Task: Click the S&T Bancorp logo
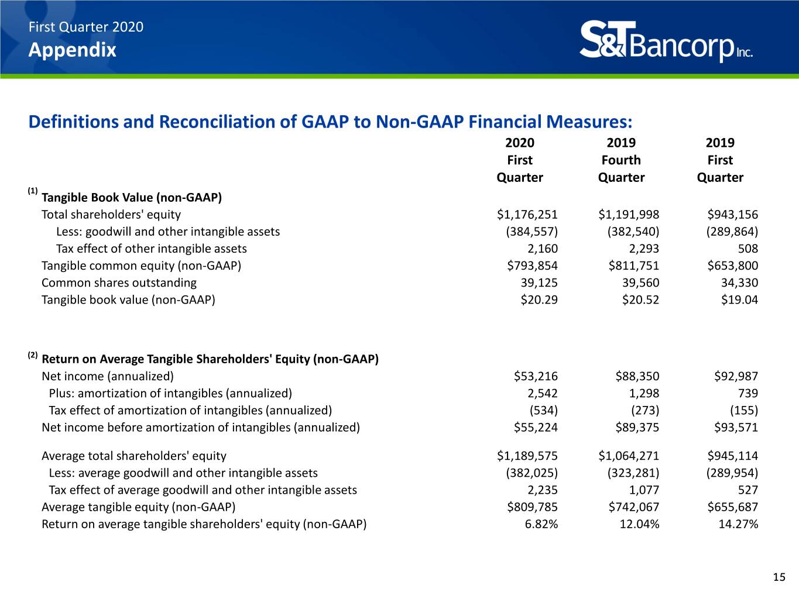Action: tap(666, 41)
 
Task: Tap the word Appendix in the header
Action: tap(73, 50)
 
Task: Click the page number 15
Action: tap(779, 577)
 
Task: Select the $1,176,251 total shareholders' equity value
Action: tap(527, 215)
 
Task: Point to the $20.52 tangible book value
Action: tap(640, 299)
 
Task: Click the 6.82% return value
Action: tap(541, 524)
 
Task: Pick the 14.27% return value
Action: tap(738, 524)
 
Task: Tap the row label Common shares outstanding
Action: tap(119, 283)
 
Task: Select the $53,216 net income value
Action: tap(536, 376)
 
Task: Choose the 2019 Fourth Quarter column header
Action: tap(622, 160)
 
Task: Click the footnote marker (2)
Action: tap(33, 355)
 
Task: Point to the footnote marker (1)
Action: tap(33, 191)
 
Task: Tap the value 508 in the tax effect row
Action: tap(747, 249)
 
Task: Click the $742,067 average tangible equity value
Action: tap(634, 507)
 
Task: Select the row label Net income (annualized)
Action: tap(108, 376)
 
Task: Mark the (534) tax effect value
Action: tap(543, 410)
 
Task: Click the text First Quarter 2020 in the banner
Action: tap(86, 27)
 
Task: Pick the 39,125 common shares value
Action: tap(539, 283)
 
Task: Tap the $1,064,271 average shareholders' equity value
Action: tap(629, 456)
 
